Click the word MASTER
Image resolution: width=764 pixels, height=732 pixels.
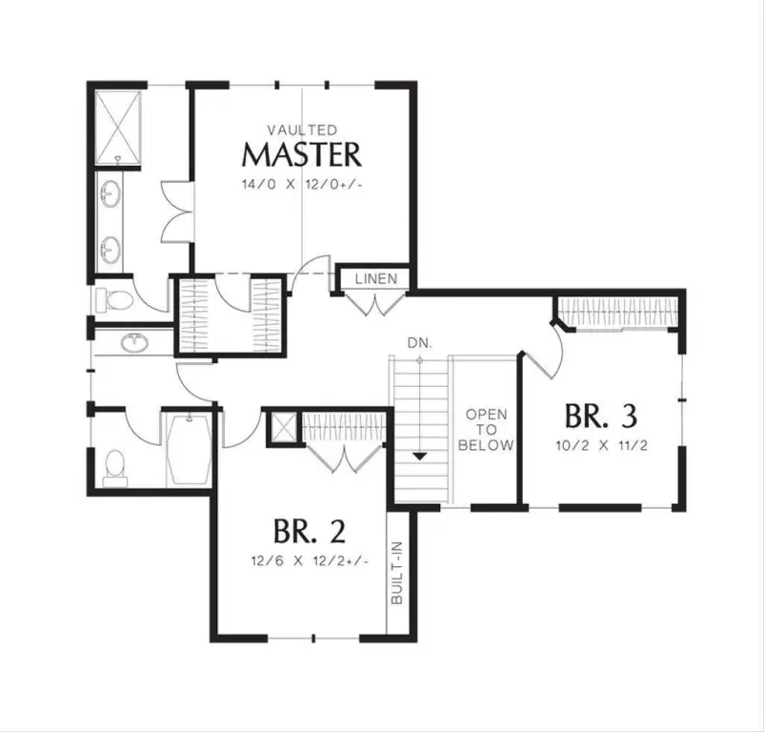302,154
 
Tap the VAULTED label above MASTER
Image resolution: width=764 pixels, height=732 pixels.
302,131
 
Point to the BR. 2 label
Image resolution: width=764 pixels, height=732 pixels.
310,531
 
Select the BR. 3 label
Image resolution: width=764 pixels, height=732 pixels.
601,416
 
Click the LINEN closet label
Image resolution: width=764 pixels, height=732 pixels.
376,278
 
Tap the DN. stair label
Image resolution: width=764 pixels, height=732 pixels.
420,343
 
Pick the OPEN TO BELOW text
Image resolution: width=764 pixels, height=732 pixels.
486,429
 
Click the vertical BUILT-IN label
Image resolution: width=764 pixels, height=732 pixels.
397,573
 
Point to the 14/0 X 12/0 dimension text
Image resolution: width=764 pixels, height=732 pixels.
302,185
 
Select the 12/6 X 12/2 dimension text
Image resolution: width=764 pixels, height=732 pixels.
310,561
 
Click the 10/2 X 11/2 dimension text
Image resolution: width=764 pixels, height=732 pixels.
602,445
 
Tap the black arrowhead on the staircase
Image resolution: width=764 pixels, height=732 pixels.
420,457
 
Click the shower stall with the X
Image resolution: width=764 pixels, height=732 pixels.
117,128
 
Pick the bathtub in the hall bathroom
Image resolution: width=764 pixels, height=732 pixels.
189,449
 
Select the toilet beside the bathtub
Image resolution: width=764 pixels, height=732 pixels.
115,468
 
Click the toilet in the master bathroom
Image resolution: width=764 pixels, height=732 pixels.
113,300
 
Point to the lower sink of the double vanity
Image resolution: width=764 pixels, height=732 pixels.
111,250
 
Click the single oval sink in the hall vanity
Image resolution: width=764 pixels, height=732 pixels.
134,342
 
